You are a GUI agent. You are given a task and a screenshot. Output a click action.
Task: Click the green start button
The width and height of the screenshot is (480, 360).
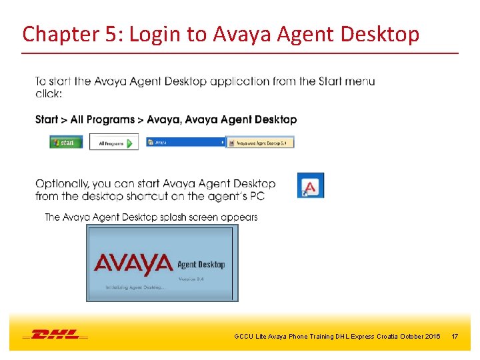66,142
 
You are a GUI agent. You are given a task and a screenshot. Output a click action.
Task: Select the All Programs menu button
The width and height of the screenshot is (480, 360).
114,142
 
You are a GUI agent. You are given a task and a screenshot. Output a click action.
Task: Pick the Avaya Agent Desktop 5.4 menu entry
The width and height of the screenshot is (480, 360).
261,142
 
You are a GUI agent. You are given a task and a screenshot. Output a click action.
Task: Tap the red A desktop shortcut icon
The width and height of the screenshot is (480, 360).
311,186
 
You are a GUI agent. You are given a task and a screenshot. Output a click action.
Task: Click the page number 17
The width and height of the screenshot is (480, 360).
455,337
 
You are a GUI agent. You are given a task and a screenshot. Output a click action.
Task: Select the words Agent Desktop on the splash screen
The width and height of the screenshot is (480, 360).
201,265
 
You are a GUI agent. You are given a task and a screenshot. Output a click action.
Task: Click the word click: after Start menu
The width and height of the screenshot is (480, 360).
49,94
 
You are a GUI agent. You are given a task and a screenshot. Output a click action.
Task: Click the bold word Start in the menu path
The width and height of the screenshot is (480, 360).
47,120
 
